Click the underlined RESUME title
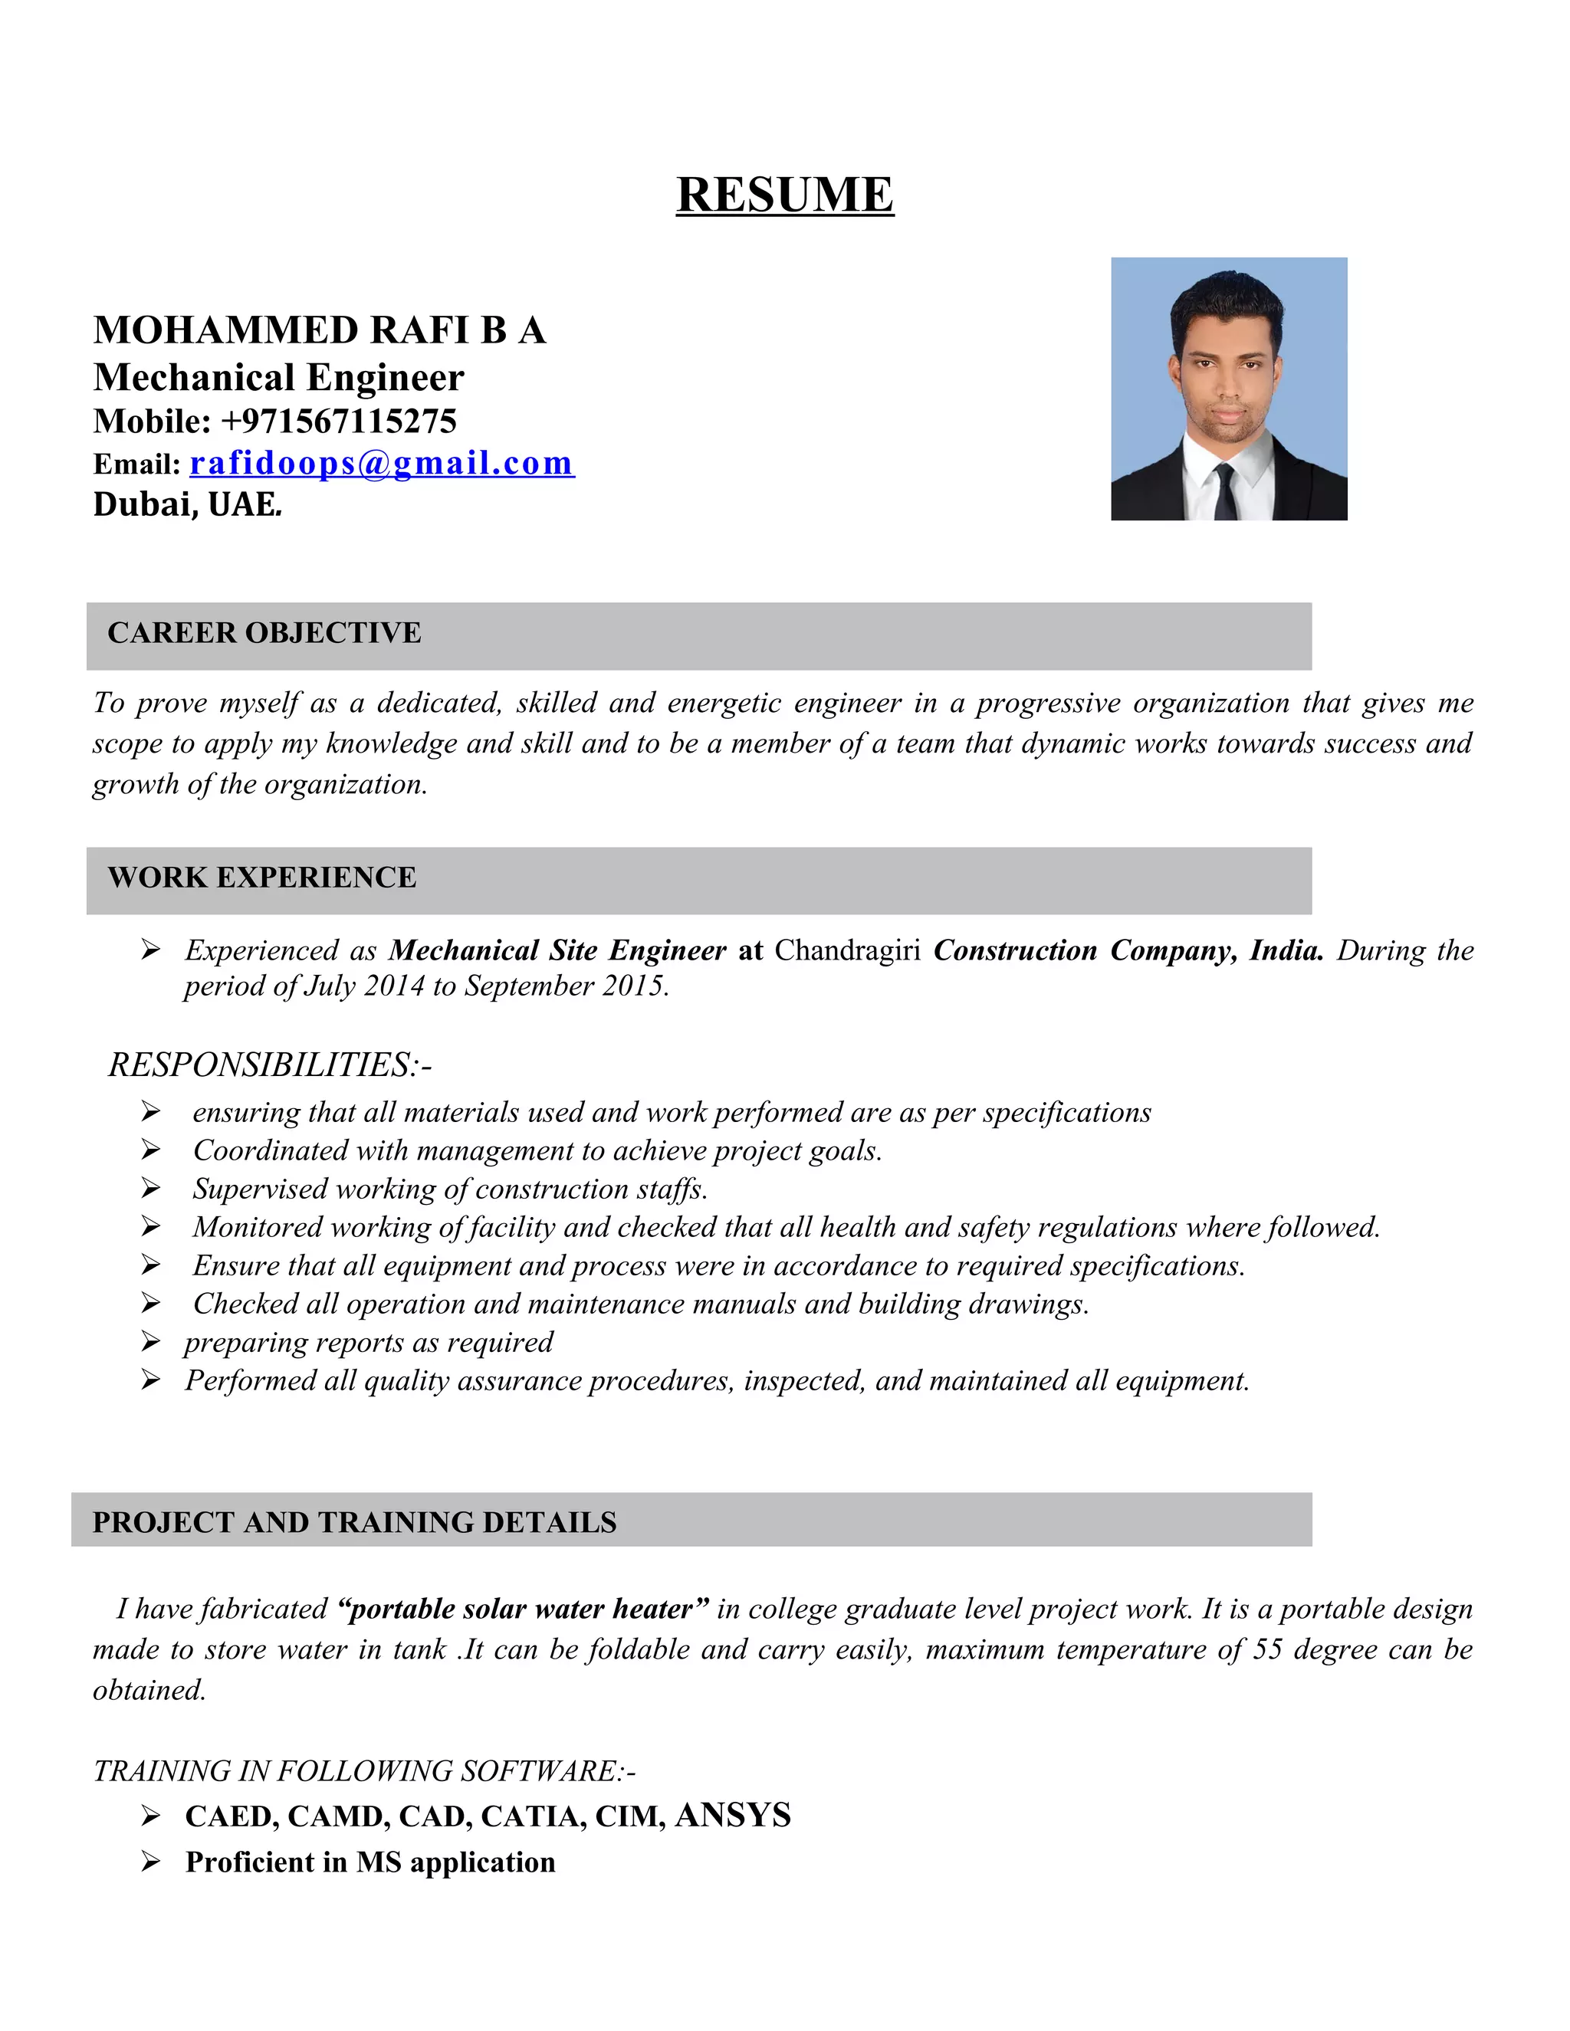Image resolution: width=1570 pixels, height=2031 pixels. point(784,195)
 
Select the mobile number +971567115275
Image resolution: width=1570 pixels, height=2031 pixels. point(339,422)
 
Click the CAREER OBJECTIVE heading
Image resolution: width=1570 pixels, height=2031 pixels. point(264,632)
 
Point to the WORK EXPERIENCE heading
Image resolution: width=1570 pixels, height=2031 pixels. point(261,877)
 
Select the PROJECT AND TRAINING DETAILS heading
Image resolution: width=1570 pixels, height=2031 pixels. point(354,1522)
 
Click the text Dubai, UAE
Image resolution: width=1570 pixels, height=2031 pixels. point(186,504)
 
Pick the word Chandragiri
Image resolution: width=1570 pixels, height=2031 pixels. point(847,950)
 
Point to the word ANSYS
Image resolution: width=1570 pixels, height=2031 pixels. point(733,1814)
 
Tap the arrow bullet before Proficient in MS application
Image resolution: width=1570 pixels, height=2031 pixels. point(151,1862)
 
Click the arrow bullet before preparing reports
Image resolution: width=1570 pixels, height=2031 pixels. point(151,1342)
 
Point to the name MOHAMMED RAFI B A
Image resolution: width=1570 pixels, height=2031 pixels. point(319,330)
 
